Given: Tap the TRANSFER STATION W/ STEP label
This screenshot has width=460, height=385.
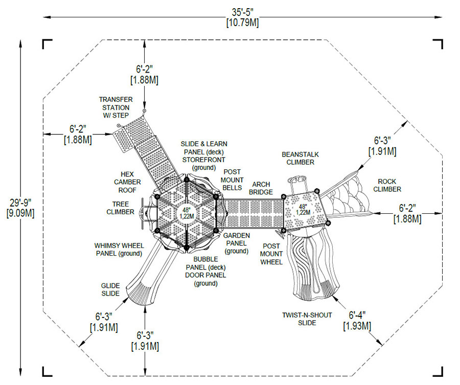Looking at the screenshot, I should pyautogui.click(x=116, y=103).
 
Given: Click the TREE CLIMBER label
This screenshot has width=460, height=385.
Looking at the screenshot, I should pyautogui.click(x=120, y=208).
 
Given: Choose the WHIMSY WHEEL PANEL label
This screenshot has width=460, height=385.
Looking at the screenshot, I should pyautogui.click(x=118, y=249).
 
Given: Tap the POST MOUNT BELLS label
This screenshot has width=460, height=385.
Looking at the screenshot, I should pyautogui.click(x=231, y=179).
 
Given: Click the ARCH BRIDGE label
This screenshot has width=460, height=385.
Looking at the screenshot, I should pyautogui.click(x=260, y=188).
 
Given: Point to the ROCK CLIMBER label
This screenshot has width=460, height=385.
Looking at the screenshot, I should pyautogui.click(x=387, y=185).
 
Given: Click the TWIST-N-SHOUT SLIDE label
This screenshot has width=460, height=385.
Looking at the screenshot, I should pyautogui.click(x=306, y=319).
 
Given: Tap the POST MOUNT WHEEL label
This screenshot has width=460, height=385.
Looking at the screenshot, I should pyautogui.click(x=271, y=254).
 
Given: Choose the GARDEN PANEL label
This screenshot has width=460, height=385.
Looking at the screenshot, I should pyautogui.click(x=236, y=243).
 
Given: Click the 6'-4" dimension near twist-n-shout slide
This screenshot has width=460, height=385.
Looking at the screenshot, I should pyautogui.click(x=357, y=320).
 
